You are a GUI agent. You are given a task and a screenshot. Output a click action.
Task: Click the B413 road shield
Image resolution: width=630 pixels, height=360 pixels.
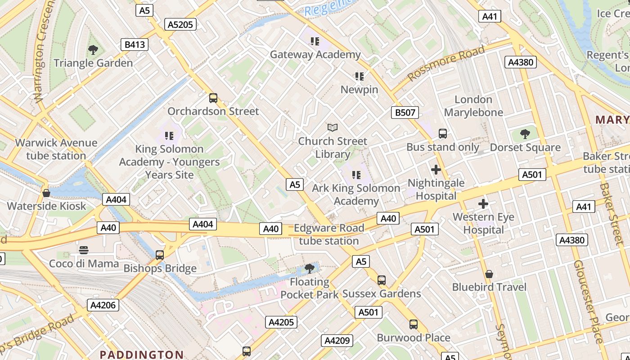(x=135, y=44)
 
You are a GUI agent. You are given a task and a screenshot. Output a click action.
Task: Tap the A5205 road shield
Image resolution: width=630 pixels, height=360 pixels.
(x=180, y=24)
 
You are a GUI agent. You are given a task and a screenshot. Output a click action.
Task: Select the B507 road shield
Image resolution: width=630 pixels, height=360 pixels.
(x=405, y=112)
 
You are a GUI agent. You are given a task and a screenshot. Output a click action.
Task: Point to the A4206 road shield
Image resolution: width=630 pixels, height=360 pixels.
(x=103, y=305)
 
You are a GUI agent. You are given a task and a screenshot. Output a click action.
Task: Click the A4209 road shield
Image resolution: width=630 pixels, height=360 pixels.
(x=337, y=341)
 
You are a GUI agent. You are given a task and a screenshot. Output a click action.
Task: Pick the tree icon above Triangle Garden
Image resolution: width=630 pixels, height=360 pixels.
(x=93, y=50)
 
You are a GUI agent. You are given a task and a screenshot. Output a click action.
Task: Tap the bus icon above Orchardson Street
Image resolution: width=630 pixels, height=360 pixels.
(x=213, y=98)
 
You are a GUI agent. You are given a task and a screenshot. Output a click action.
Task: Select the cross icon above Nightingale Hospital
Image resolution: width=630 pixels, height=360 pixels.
(x=436, y=170)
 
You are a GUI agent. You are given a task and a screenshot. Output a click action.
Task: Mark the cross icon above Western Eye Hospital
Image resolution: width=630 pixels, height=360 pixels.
(x=483, y=204)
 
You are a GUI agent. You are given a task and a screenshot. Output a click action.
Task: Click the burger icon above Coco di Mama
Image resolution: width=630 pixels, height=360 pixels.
(x=84, y=250)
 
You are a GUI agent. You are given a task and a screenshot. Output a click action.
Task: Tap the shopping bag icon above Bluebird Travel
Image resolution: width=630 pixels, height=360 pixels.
(x=489, y=274)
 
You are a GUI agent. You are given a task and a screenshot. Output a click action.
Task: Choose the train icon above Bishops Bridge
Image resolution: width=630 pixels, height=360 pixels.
(x=160, y=255)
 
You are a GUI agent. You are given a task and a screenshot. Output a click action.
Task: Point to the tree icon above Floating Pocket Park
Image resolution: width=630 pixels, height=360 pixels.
(x=309, y=269)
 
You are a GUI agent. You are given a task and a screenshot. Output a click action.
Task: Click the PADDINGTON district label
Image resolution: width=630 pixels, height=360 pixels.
(x=141, y=355)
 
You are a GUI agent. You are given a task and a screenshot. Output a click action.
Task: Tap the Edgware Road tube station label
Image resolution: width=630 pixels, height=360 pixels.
(x=329, y=234)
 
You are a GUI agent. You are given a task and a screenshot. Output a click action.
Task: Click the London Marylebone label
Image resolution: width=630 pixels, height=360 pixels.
(x=473, y=106)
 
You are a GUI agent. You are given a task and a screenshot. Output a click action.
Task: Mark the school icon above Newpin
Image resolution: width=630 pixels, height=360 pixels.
(x=359, y=76)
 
